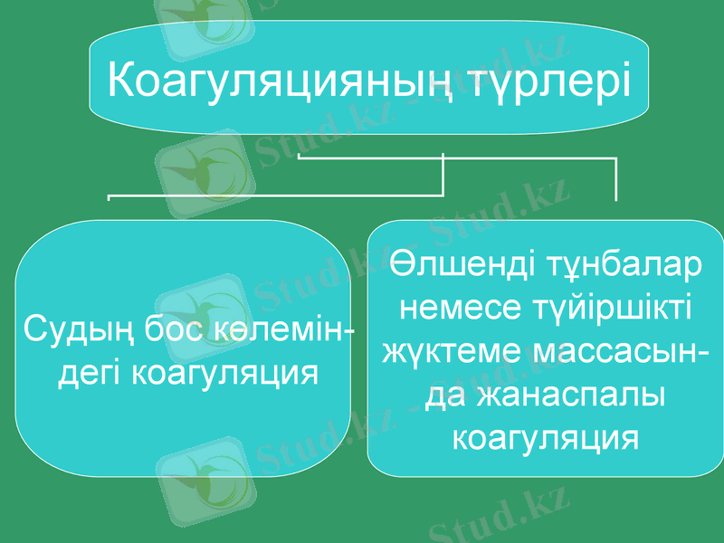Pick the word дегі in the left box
point(91,371)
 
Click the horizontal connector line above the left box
point(271,193)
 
